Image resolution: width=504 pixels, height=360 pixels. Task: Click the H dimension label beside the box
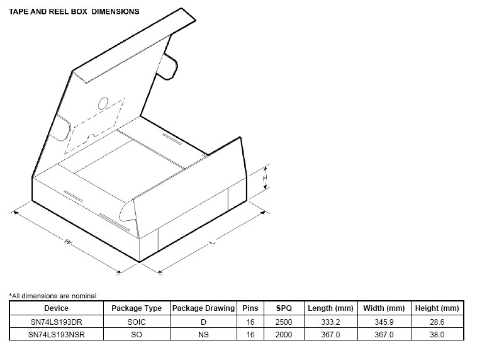(x=265, y=177)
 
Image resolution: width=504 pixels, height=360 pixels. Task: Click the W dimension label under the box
(x=68, y=242)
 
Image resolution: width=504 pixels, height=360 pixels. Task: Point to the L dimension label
(x=212, y=242)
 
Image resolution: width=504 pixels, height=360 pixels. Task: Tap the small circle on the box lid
(x=103, y=103)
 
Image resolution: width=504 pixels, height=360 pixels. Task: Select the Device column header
(x=56, y=308)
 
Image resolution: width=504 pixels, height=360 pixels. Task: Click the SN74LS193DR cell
(x=56, y=322)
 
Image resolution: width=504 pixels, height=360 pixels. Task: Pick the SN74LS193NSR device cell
(x=56, y=335)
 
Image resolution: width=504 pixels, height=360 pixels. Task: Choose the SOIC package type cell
(x=137, y=322)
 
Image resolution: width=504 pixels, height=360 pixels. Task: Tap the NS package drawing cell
(x=203, y=335)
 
